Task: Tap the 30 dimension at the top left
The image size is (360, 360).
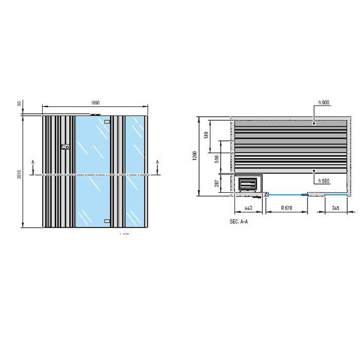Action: tap(19, 103)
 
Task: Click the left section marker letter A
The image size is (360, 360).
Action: tap(33, 161)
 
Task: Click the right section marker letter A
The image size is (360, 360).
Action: tap(157, 161)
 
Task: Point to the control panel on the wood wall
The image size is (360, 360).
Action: tap(65, 148)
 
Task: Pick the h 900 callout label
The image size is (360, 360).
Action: tap(323, 103)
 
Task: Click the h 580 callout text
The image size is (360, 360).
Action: tap(323, 181)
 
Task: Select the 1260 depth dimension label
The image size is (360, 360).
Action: tap(194, 156)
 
